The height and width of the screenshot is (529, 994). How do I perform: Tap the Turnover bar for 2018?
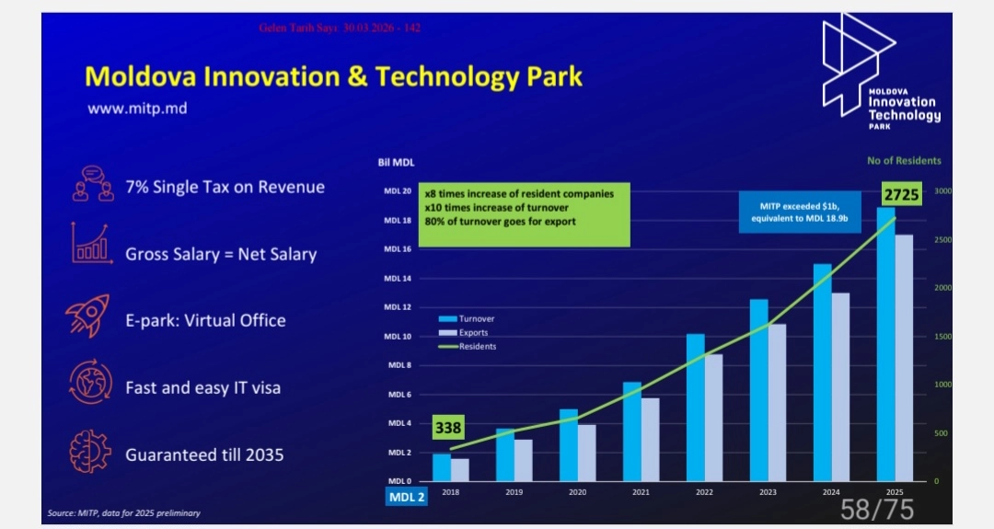coord(442,467)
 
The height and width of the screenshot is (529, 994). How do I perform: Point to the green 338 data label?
coord(448,428)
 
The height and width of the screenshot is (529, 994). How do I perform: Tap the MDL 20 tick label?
coord(398,191)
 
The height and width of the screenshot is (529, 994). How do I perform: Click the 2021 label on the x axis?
coord(640,493)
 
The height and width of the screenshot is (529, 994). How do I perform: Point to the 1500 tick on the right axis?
coord(943,337)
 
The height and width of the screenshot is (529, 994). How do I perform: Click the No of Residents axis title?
coord(904,161)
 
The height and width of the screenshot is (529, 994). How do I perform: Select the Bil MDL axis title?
coord(397,162)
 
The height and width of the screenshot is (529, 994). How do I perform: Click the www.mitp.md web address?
coord(137,108)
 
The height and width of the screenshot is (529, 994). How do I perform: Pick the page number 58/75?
coord(876,509)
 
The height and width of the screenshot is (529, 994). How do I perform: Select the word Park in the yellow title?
coord(549,76)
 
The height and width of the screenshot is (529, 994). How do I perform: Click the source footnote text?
coord(124,513)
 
